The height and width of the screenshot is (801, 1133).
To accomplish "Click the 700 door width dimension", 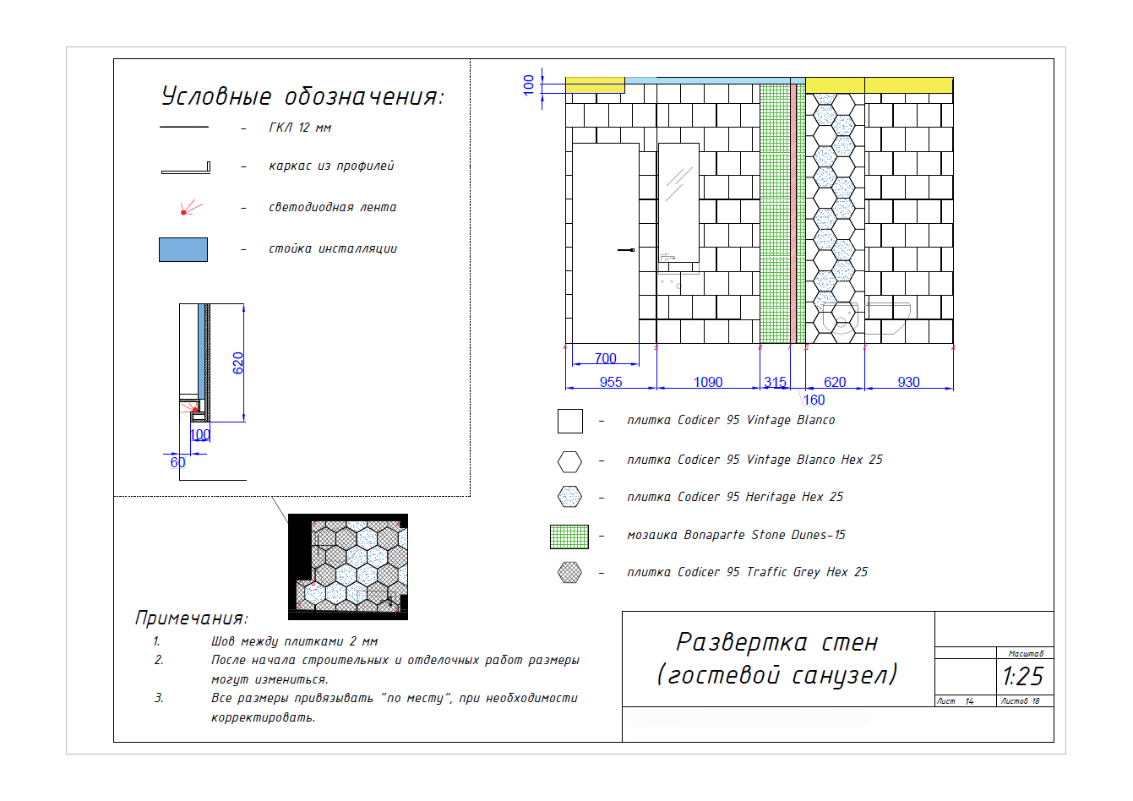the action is coord(606,358).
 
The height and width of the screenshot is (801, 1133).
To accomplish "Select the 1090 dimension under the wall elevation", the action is coord(708,382).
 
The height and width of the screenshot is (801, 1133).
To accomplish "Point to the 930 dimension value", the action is coord(908,382).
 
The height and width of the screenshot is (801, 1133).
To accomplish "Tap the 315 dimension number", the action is coord(775,382).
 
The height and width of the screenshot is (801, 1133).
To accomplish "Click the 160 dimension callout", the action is coord(814,400).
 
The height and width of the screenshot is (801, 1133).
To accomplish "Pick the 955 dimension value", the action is coord(611,382).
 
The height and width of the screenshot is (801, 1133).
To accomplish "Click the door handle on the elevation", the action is coord(626,250).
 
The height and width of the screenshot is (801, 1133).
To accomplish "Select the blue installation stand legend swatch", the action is coord(183,249).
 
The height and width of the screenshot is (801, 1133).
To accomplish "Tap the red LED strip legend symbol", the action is coord(191,208).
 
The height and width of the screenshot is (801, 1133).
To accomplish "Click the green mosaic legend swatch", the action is coord(569,537).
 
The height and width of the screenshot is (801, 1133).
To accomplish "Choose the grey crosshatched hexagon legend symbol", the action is coord(569,572).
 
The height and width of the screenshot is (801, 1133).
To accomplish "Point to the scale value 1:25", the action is coord(1022,676).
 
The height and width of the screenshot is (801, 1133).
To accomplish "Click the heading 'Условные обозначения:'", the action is coord(302,96).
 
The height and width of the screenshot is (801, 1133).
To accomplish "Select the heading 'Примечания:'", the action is coord(191,618).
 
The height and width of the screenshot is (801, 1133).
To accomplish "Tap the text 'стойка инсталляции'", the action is coord(333,248).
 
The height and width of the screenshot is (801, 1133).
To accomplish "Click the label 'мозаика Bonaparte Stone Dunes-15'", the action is coord(736,535).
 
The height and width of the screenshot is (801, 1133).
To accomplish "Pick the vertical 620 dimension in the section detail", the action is coord(237,362).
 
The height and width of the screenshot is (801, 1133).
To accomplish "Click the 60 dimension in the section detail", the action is coord(177,461).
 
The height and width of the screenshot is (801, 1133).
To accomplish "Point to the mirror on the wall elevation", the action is coord(678,202).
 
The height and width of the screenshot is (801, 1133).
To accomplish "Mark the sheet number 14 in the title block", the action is coord(969,701).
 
